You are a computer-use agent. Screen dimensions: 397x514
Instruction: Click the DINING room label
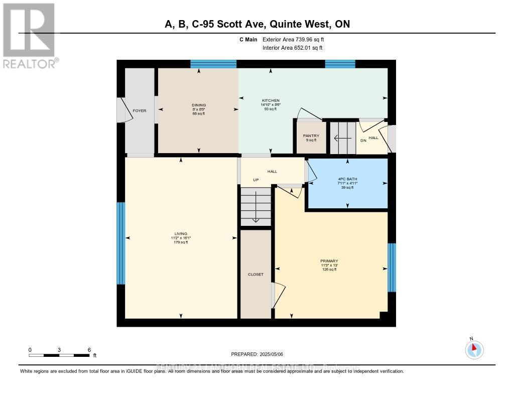(199, 105)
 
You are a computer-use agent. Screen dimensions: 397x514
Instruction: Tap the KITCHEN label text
(271, 101)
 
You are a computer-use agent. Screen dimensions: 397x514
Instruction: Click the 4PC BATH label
(347, 179)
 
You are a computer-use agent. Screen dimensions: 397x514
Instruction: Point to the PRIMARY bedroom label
(329, 261)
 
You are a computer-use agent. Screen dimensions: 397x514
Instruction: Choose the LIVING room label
(181, 234)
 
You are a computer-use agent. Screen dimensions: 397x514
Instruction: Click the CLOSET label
(255, 275)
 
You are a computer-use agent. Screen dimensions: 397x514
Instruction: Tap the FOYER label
(139, 110)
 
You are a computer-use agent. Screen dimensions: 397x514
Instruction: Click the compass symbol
(474, 349)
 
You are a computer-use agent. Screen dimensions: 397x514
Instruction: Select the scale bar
(59, 355)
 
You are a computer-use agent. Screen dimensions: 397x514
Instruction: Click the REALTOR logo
(30, 35)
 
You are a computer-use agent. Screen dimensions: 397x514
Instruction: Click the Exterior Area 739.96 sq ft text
(297, 39)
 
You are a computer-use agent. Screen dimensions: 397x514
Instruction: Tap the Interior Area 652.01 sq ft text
(293, 48)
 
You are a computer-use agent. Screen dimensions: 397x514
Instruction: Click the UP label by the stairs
(255, 180)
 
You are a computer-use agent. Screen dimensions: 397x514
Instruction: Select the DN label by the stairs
(363, 141)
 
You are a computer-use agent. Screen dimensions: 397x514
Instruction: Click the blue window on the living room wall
(120, 243)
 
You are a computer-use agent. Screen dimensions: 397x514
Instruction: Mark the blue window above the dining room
(213, 64)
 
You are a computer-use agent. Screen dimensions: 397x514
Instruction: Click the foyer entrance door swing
(124, 110)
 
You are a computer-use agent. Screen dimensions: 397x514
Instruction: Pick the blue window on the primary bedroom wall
(392, 267)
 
